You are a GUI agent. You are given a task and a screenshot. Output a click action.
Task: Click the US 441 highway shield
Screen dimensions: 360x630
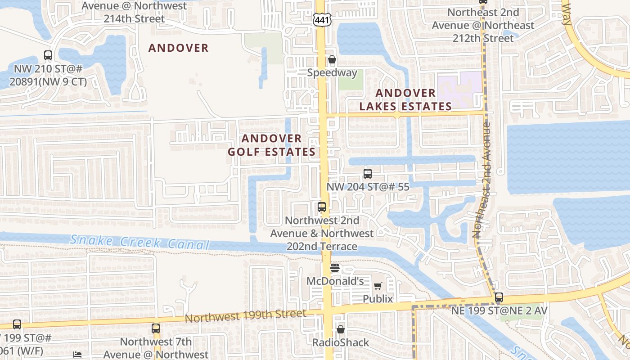pos(323,19)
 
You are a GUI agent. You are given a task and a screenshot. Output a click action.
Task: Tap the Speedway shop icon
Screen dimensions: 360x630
pos(332,59)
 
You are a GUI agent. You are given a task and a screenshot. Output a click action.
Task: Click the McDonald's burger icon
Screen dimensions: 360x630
pos(334,268)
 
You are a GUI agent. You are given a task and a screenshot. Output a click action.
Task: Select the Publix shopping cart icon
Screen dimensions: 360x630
pos(378,286)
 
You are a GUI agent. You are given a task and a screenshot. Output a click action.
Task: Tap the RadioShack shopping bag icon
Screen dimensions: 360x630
pos(341,329)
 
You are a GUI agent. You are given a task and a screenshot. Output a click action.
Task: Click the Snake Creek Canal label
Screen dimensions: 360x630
pos(140,242)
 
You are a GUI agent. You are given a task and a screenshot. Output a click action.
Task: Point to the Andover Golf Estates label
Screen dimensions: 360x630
pos(271,145)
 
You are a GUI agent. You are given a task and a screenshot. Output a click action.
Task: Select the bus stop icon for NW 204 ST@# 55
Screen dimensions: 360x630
pos(368,173)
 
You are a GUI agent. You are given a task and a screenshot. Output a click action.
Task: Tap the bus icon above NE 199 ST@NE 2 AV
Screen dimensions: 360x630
pos(499,297)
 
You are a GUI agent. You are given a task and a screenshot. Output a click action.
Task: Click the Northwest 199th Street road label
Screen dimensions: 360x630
pos(245,315)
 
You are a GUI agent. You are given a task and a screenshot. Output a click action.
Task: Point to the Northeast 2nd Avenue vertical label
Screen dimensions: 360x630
pos(481,180)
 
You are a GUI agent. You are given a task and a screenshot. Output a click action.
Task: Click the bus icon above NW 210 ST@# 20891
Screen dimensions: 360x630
pos(48,55)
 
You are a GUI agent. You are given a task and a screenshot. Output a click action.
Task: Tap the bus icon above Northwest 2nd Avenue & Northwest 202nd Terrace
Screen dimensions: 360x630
pos(322,207)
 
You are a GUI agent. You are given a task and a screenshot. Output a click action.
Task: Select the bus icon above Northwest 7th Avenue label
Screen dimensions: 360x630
pos(156,328)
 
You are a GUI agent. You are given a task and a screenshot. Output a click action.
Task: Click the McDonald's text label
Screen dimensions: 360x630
pos(335,281)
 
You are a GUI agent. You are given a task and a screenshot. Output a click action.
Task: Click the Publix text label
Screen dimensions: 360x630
pos(378,299)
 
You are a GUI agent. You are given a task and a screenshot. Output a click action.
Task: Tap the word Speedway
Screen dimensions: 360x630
pos(332,73)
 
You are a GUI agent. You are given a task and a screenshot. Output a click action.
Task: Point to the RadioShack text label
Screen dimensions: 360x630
pos(341,342)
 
